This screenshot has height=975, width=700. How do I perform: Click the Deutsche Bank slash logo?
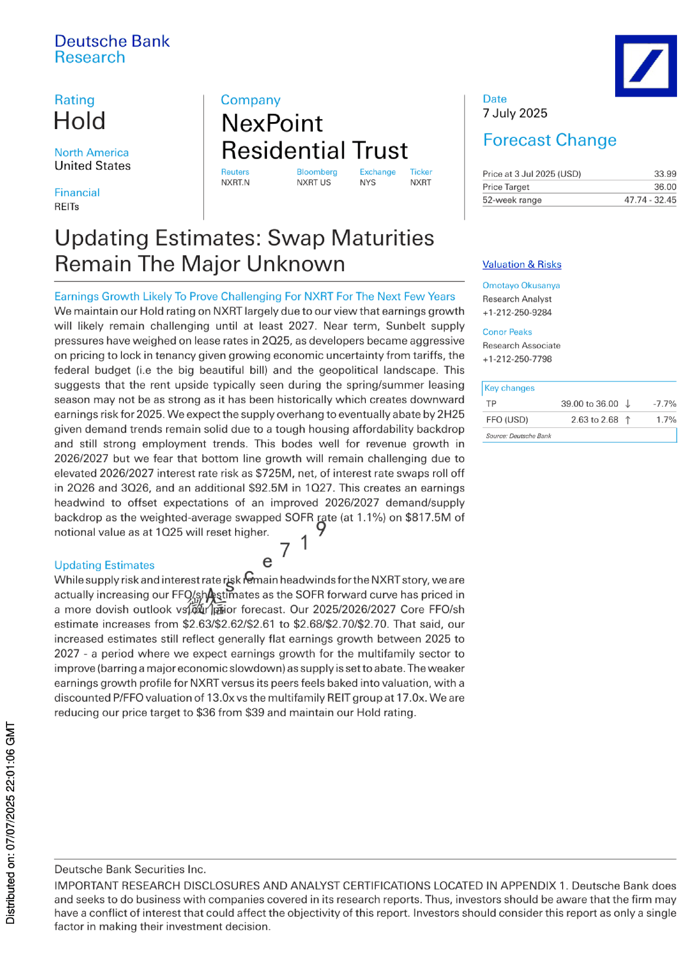click(x=646, y=65)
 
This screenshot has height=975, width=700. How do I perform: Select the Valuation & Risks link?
click(x=521, y=264)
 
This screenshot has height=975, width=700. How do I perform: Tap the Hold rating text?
click(x=80, y=121)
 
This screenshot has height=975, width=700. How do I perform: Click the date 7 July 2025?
click(x=515, y=113)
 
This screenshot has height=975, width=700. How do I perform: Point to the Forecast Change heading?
click(x=549, y=140)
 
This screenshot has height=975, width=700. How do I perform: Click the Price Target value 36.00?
click(x=665, y=187)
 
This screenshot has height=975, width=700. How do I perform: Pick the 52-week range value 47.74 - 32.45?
click(x=650, y=200)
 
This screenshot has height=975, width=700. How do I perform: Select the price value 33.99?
click(x=665, y=174)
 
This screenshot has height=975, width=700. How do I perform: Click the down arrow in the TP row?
click(x=628, y=404)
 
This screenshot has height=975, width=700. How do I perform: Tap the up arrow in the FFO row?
click(x=628, y=420)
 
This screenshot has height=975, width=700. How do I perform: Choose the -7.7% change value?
click(x=665, y=404)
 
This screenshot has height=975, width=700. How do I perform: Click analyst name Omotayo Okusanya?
click(x=521, y=285)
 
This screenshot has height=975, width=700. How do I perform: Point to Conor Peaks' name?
click(x=507, y=332)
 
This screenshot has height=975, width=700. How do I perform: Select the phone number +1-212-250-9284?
click(x=517, y=312)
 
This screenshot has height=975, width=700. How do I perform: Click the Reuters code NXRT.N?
click(x=235, y=183)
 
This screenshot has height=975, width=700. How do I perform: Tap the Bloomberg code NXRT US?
click(x=313, y=183)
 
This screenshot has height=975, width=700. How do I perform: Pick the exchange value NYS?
click(x=368, y=183)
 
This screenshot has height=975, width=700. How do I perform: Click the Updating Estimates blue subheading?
click(x=104, y=565)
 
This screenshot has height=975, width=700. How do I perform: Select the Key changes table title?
click(x=509, y=388)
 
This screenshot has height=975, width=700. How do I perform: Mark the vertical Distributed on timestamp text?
click(x=10, y=822)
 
